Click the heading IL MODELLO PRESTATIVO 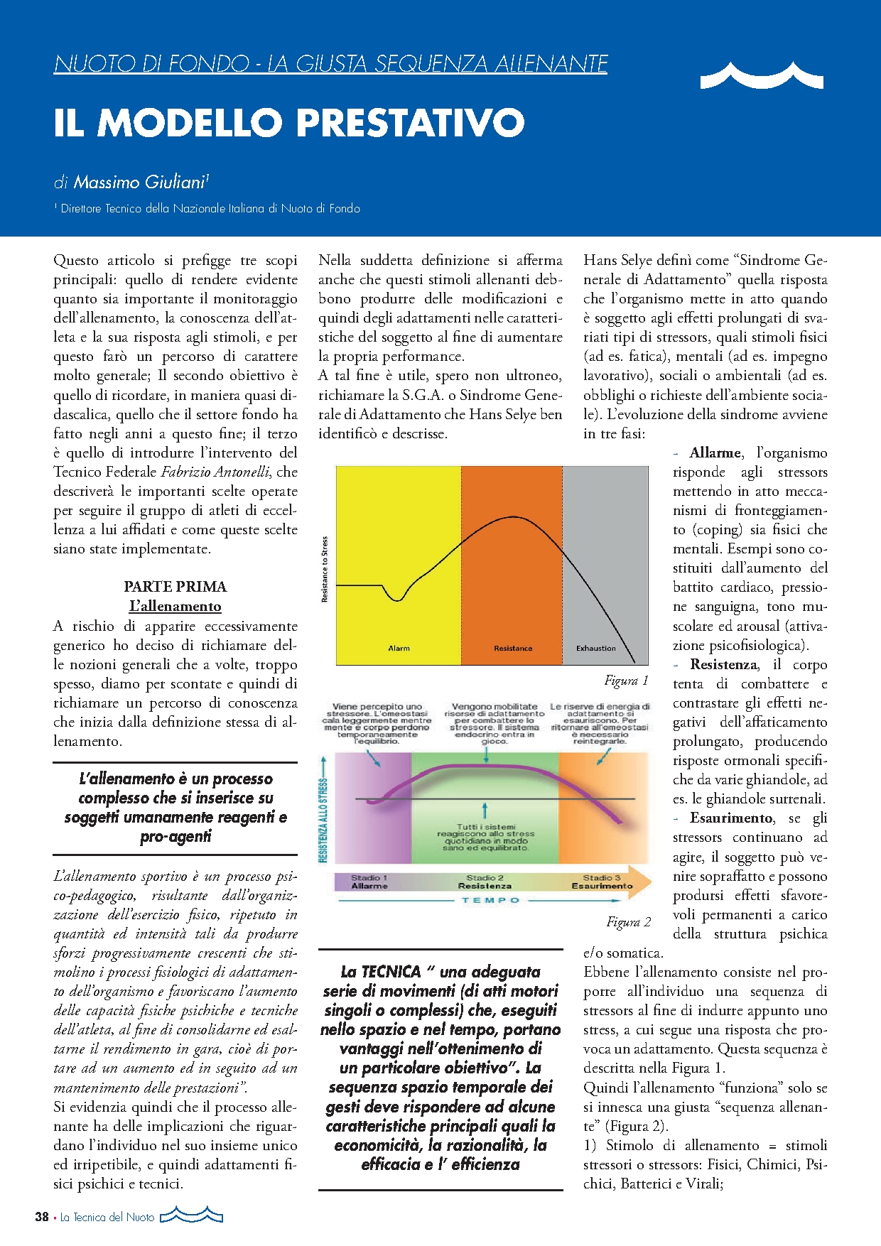289,123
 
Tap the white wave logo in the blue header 762,75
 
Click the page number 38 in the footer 42,1217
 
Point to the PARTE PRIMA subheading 175,587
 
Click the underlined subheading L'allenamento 175,606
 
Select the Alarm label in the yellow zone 399,648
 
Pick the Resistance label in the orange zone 513,648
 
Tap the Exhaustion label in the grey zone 595,648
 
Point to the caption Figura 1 626,681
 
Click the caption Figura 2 628,922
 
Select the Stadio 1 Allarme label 369,882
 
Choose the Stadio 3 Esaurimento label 602,882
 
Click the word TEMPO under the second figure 490,900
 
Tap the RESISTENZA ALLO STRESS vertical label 324,820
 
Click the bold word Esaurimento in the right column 731,818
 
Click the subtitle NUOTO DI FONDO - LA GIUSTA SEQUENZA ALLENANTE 330,64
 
